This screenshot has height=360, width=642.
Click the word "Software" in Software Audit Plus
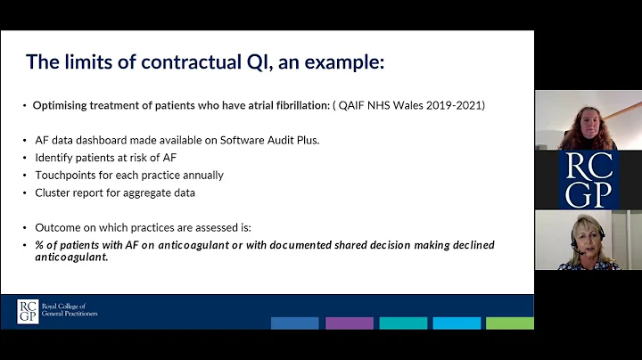pos(227,141)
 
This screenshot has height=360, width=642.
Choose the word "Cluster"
pos(53,192)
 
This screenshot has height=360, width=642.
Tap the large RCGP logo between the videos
pos(588,180)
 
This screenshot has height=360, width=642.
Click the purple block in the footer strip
pos(349,323)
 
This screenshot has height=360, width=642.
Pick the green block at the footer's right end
pos(511,323)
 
